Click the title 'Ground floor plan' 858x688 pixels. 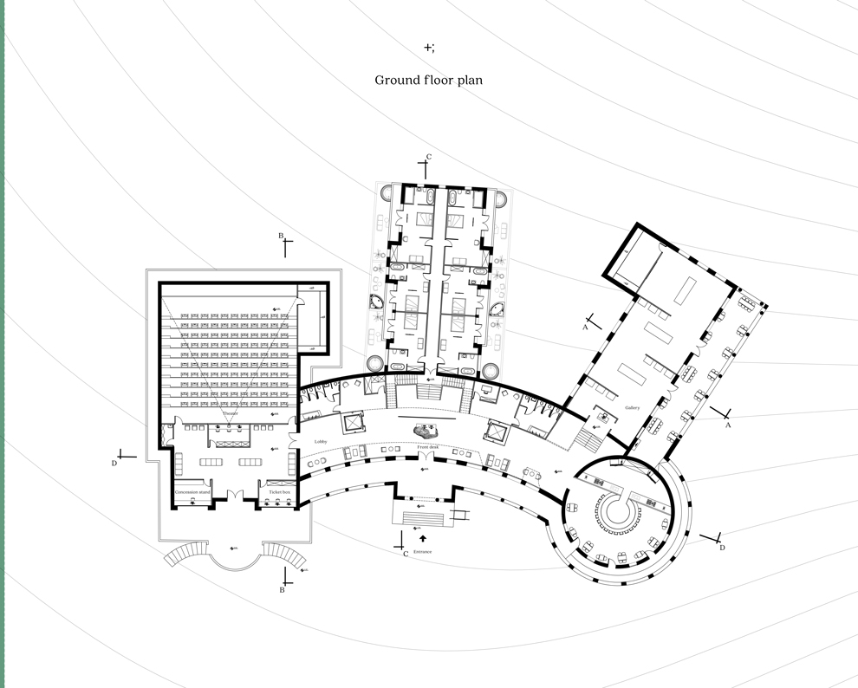[x=428, y=80]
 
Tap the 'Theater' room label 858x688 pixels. [x=230, y=413]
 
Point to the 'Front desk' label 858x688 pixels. [x=427, y=446]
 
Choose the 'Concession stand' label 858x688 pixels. [x=192, y=492]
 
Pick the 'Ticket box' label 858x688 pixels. [x=279, y=492]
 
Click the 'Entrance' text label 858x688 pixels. [x=422, y=551]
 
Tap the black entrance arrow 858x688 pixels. [x=422, y=539]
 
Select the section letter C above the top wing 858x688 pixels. [x=428, y=157]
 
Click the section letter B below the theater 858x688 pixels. [x=282, y=590]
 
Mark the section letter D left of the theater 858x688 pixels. [x=114, y=464]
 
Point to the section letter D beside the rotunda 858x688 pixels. [x=722, y=548]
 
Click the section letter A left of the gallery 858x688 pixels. [x=585, y=328]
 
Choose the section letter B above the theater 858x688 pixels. [x=280, y=236]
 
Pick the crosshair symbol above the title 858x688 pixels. [x=428, y=47]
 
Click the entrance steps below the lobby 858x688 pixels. [x=422, y=518]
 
